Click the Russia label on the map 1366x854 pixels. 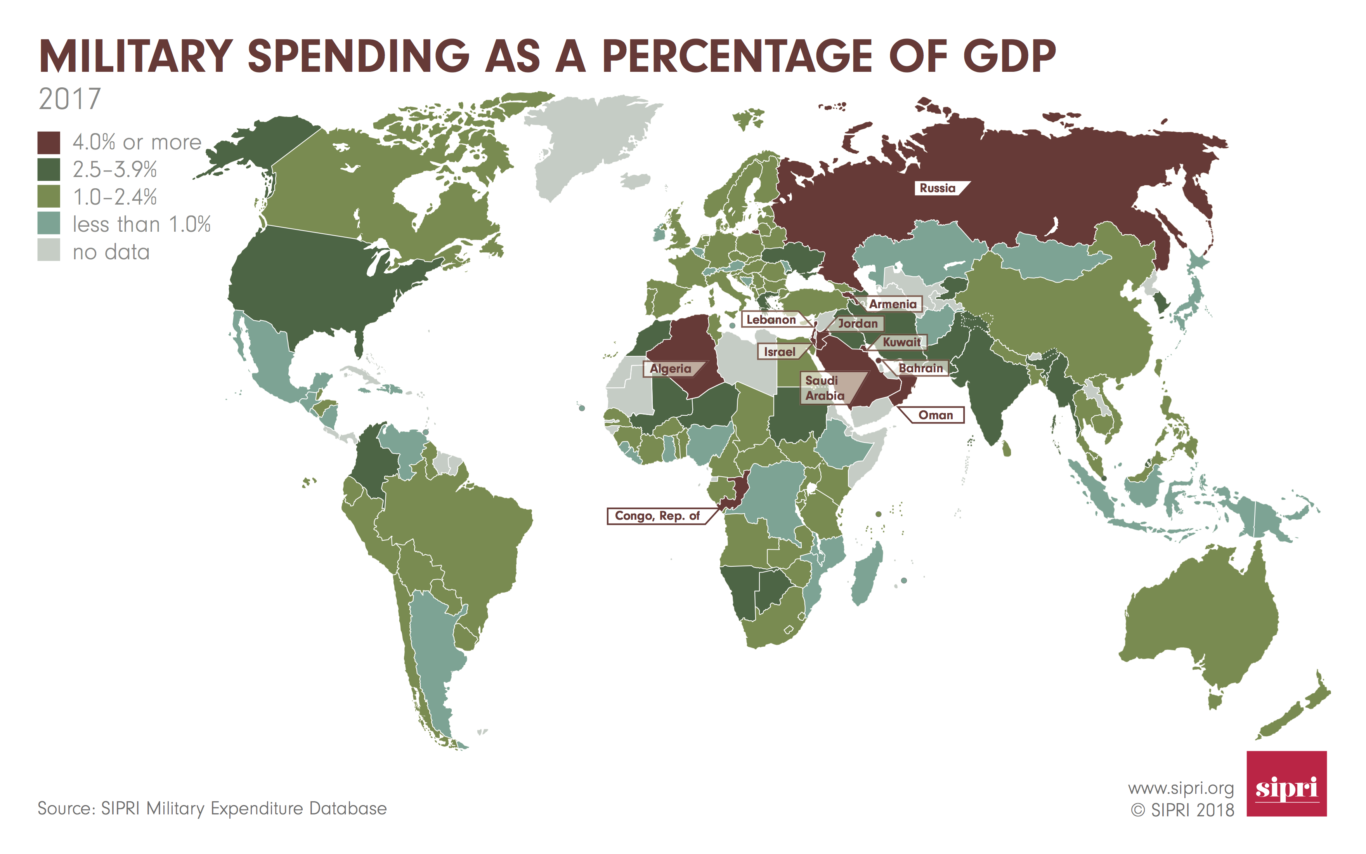tap(938, 188)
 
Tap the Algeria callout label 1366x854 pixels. tap(671, 369)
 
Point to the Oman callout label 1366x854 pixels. tap(935, 415)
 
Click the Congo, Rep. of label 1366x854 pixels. tap(657, 516)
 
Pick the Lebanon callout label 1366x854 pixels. tap(771, 320)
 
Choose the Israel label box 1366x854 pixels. tap(780, 352)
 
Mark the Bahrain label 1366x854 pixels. tap(920, 368)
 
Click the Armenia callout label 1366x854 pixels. tap(893, 304)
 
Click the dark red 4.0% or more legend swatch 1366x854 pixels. tap(49, 143)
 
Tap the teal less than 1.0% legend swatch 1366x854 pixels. tap(49, 224)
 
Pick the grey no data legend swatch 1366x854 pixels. tap(49, 250)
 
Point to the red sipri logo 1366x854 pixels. tap(1286, 783)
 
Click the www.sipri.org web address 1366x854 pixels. tap(1181, 788)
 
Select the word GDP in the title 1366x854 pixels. tap(1009, 57)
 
